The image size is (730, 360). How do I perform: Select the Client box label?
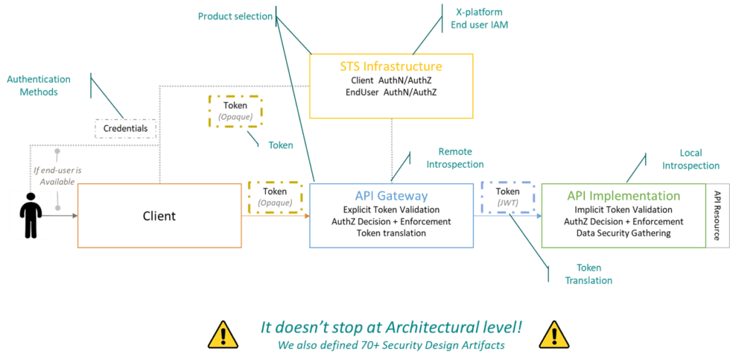point(159,216)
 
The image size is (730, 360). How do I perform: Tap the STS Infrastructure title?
point(390,66)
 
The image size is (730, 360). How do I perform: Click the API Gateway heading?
point(391,196)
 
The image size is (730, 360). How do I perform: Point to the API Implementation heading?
point(623,196)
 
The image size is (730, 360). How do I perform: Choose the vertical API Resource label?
point(717,216)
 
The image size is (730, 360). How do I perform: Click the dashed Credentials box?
point(126,129)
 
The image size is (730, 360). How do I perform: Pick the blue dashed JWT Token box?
point(508,196)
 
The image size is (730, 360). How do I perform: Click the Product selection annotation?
point(235,16)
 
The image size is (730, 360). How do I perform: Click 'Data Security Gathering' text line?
point(623,233)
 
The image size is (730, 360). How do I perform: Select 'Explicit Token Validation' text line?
point(391,210)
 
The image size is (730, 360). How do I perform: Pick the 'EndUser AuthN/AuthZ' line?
point(391,92)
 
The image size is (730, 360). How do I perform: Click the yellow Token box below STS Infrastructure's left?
point(235,110)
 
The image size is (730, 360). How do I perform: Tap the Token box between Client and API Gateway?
point(273,196)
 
